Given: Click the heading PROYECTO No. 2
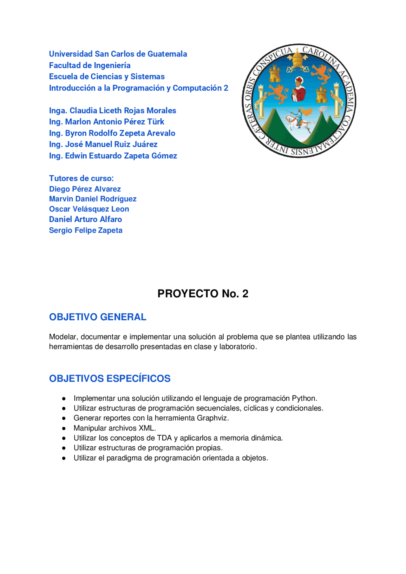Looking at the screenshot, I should pos(203,294).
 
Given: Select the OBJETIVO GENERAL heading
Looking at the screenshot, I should pos(98,317).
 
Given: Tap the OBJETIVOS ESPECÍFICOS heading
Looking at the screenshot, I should pos(110,378).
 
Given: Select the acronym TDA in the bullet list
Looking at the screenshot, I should pos(164,438).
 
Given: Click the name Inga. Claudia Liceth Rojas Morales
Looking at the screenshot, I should pos(113,110).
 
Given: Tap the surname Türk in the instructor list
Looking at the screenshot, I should pos(155,122).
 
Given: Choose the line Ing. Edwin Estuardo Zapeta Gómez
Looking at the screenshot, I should pos(113,156).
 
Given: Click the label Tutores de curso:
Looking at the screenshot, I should pos(81,178).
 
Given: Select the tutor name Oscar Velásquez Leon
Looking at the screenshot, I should pos(89,209).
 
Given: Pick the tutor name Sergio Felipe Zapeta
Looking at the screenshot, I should pos(86,230).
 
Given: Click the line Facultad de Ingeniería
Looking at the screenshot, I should pos(90,65).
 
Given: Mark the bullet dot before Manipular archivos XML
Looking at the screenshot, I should pos(64,428).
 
